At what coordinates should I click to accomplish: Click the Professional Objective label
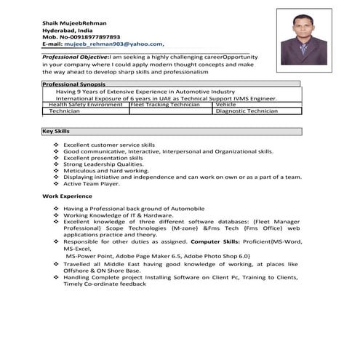(75, 56)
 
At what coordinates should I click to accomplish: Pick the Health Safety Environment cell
(85, 105)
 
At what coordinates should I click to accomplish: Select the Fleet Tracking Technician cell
(165, 105)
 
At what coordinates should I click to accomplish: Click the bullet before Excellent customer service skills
(56, 145)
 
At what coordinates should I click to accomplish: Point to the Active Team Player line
(91, 183)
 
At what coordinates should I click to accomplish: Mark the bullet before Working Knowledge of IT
(56, 216)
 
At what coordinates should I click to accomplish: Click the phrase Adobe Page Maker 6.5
(152, 256)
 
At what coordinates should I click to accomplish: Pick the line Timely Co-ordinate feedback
(105, 284)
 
